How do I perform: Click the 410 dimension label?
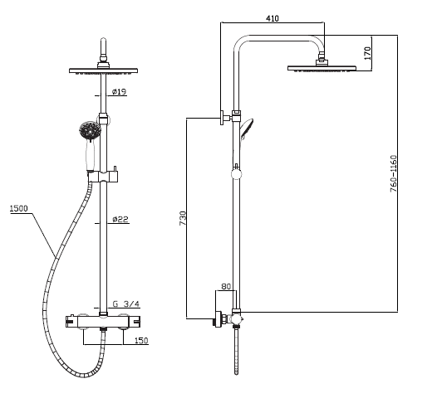(x=272, y=18)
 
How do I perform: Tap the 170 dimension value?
(x=368, y=53)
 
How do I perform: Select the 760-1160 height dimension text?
(x=393, y=173)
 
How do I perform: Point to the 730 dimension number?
(x=182, y=218)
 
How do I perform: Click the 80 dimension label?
(x=226, y=286)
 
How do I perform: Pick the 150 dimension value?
(x=141, y=341)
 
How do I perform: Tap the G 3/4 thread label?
(x=125, y=304)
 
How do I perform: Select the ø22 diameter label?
(x=120, y=219)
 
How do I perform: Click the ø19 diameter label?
(x=119, y=91)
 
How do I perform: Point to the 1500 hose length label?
(x=18, y=208)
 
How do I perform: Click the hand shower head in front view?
(x=91, y=129)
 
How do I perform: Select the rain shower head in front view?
(x=103, y=70)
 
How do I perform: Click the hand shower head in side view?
(x=247, y=129)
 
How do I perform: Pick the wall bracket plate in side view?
(x=222, y=118)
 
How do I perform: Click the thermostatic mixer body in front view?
(x=103, y=322)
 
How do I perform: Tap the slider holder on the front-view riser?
(x=104, y=177)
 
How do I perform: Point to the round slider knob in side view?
(x=236, y=174)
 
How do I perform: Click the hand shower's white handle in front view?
(x=91, y=154)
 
